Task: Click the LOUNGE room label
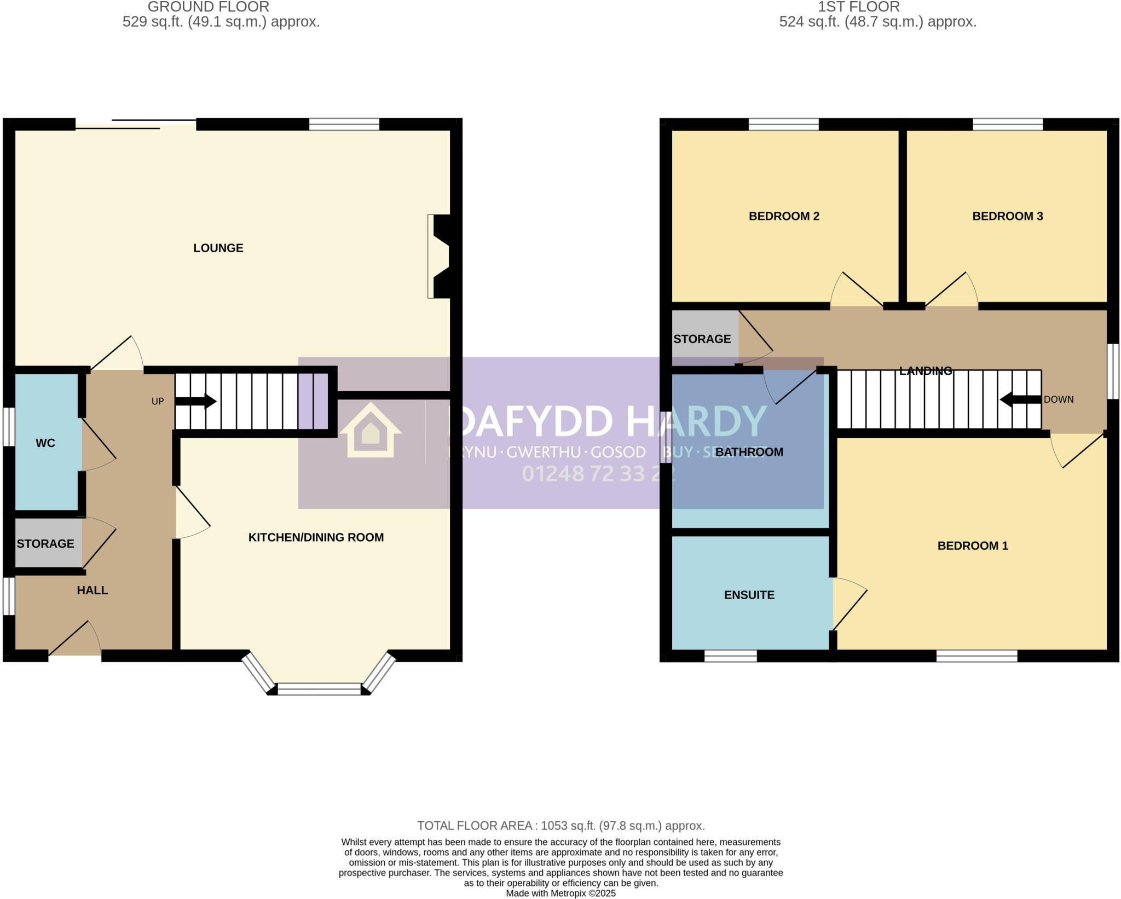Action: tap(218, 248)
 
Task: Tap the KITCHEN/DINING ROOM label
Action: tap(316, 537)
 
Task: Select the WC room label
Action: tap(45, 443)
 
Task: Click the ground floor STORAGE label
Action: tap(45, 543)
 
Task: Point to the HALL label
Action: tap(92, 590)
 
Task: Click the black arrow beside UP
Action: tap(195, 402)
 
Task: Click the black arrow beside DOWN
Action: tap(1020, 399)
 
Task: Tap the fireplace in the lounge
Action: tap(440, 256)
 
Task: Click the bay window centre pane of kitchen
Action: tap(319, 689)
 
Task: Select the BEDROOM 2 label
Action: tap(784, 216)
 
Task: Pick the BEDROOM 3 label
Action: tap(1007, 216)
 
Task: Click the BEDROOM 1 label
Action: tap(973, 546)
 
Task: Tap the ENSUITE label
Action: tap(749, 595)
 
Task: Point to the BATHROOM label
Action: tap(749, 452)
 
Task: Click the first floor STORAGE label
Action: tap(702, 339)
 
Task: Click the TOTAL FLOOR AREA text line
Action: tap(560, 826)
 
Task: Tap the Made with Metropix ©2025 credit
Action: tap(560, 894)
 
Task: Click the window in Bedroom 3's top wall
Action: tap(1007, 124)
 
